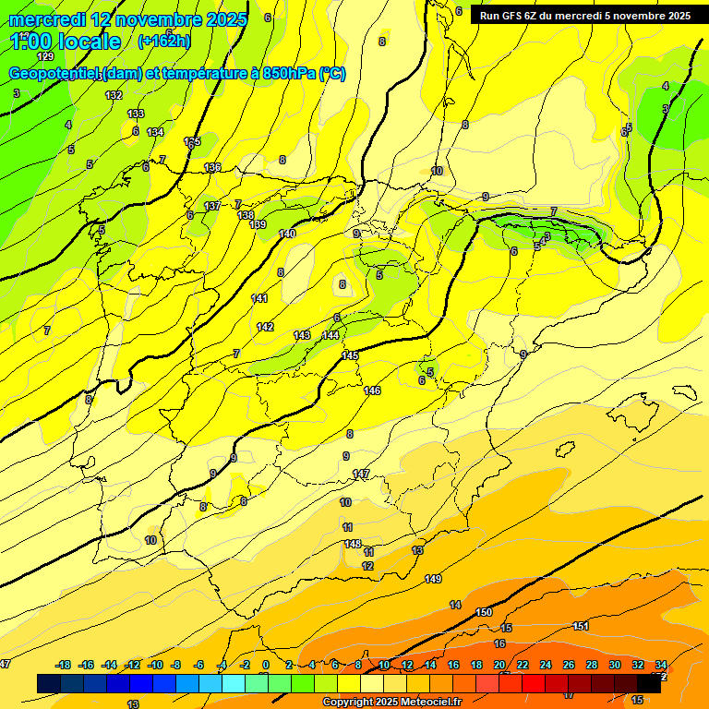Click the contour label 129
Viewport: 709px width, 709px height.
click(x=45, y=56)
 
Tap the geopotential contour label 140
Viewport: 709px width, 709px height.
click(x=288, y=234)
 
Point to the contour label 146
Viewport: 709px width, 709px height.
click(x=372, y=391)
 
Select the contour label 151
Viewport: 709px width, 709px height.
click(x=581, y=626)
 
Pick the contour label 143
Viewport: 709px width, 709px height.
click(x=302, y=334)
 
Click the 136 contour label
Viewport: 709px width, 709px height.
click(x=212, y=167)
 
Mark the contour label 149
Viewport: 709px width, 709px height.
click(x=433, y=579)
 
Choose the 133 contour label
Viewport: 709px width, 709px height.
click(x=136, y=114)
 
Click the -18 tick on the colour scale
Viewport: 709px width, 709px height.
click(x=63, y=665)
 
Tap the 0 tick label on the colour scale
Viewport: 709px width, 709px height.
click(x=265, y=665)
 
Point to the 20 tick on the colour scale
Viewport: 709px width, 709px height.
click(x=499, y=665)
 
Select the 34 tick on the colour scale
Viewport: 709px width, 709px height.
click(x=661, y=665)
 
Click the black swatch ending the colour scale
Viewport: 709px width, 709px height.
click(x=649, y=683)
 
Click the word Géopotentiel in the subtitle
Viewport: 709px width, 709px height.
click(x=54, y=74)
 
